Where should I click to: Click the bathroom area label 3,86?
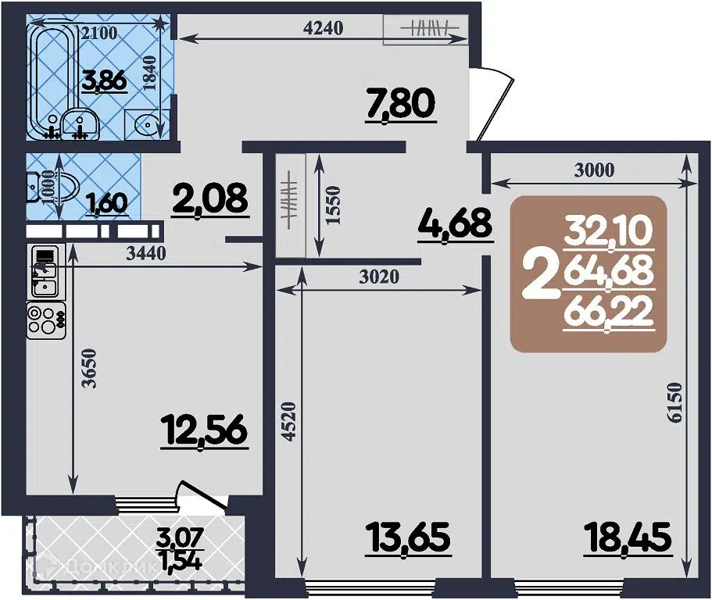[x=106, y=80]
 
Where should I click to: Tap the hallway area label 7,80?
[x=399, y=105]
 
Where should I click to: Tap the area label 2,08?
[x=210, y=198]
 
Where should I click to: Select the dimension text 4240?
[x=322, y=29]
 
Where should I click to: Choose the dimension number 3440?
[x=147, y=253]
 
